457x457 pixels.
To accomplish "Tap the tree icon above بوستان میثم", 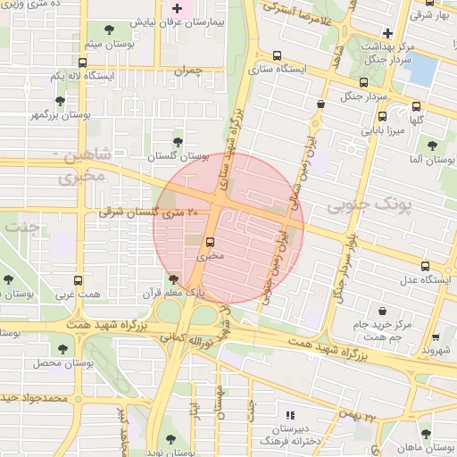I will click(x=110, y=31).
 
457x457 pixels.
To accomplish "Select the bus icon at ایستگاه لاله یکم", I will click(x=83, y=63).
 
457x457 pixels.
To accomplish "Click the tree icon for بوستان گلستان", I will click(x=177, y=140).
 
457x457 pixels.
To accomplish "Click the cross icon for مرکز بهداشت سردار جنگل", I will click(x=387, y=33).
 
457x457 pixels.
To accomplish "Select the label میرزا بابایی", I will click(x=383, y=130).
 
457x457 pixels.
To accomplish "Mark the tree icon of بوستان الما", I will click(x=432, y=145).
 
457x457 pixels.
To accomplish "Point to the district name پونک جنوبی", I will click(x=370, y=207).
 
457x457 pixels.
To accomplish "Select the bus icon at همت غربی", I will click(x=78, y=280).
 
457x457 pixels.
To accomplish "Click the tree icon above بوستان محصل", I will click(x=62, y=349).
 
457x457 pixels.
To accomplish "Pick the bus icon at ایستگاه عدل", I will click(x=425, y=266).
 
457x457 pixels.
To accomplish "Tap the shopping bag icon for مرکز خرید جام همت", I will click(x=384, y=312).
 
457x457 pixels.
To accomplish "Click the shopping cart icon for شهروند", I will click(x=436, y=338).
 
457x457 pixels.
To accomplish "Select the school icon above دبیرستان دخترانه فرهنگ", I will click(x=288, y=415).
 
